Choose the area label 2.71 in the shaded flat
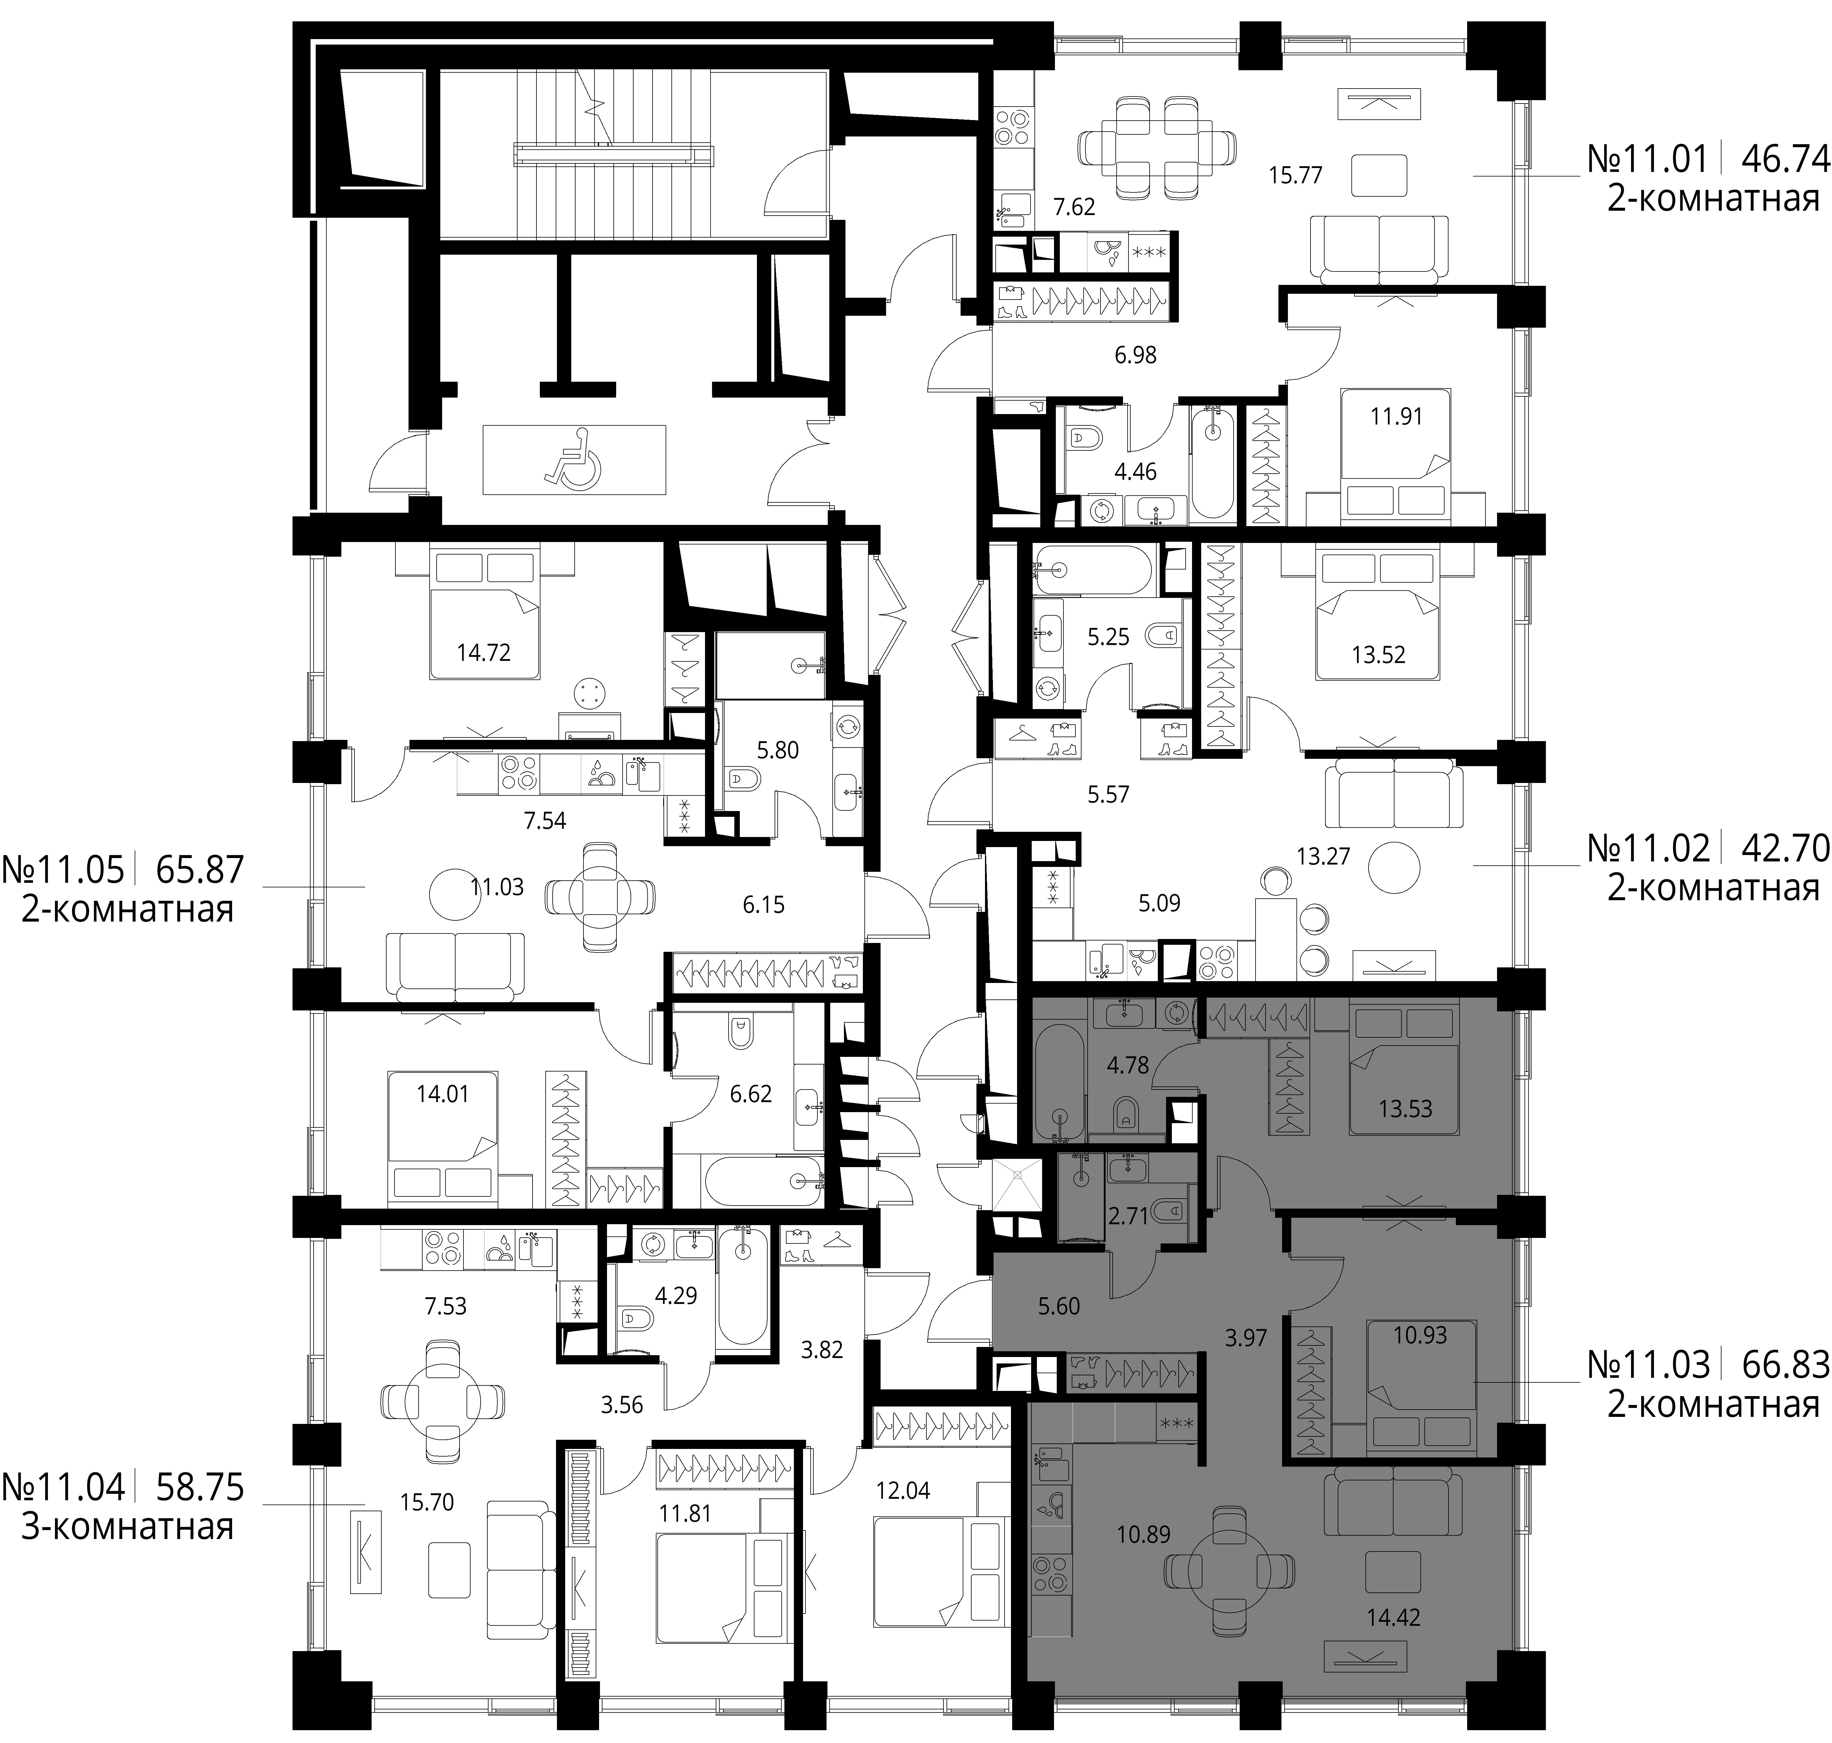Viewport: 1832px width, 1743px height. pyautogui.click(x=1129, y=1215)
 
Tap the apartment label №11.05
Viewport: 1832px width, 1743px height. pyautogui.click(x=63, y=869)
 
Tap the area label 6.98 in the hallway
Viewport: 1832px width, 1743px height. pyautogui.click(x=1135, y=355)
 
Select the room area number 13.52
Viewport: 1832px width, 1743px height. pyautogui.click(x=1379, y=655)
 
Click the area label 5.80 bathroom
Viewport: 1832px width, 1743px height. pyautogui.click(x=778, y=750)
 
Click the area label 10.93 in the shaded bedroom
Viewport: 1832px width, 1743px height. pyautogui.click(x=1420, y=1335)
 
